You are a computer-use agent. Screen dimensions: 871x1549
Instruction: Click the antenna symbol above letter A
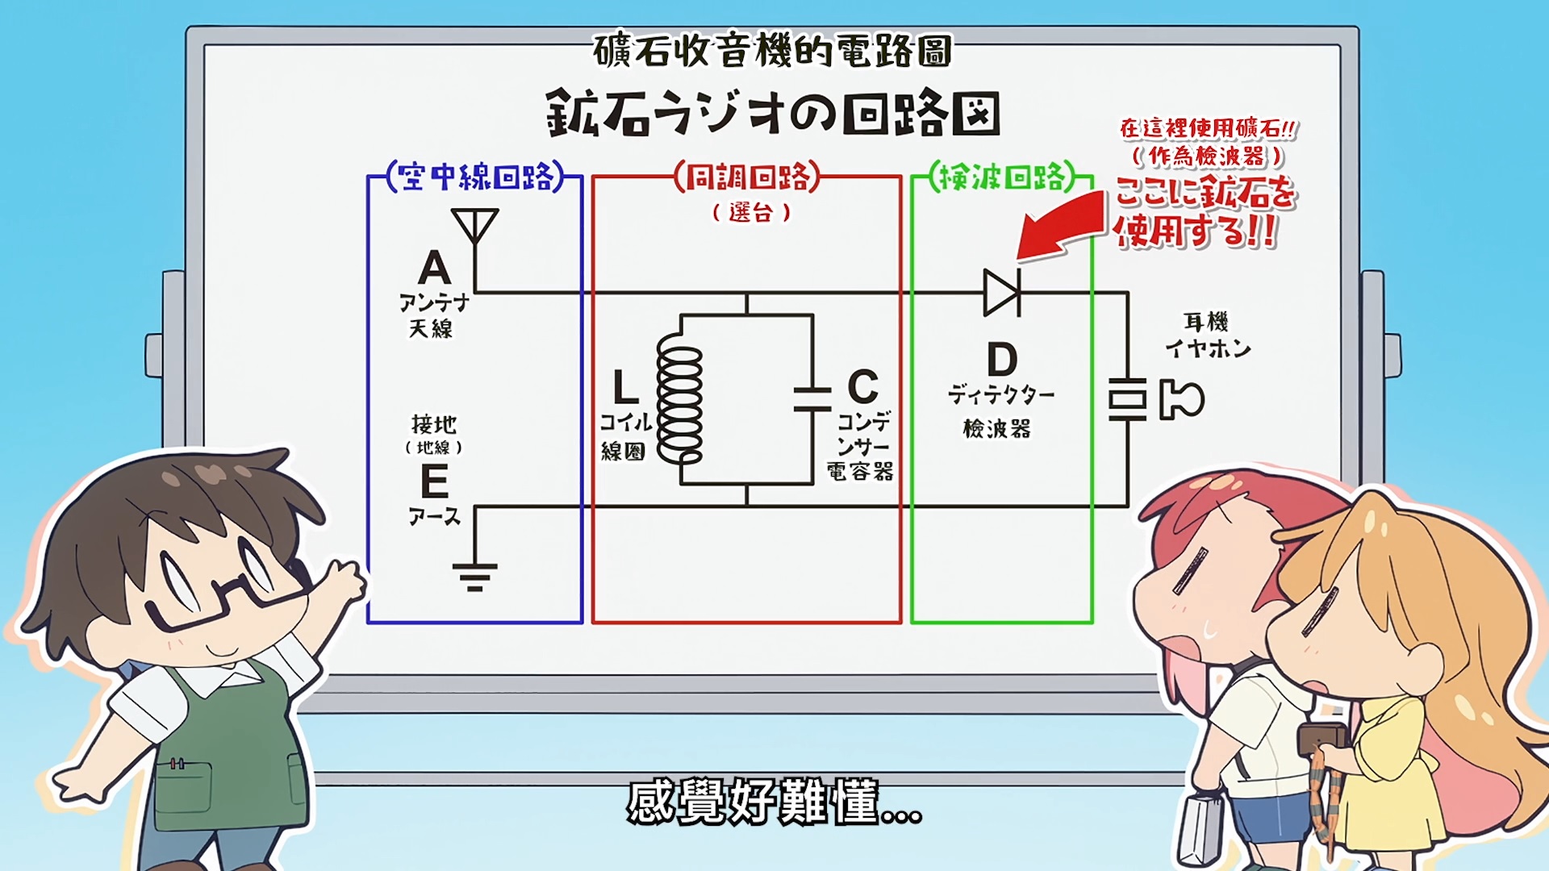(x=474, y=225)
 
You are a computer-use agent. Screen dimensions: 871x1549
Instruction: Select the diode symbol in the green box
(x=1002, y=292)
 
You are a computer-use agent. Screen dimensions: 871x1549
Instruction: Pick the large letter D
(x=1002, y=360)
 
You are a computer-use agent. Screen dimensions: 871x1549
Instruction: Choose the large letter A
(x=434, y=268)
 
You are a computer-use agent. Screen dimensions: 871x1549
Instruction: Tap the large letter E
(x=434, y=482)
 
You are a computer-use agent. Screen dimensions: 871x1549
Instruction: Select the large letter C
(x=862, y=387)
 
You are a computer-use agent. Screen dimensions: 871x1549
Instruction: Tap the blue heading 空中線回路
(x=475, y=177)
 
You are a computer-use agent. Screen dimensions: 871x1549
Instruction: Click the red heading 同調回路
(x=747, y=177)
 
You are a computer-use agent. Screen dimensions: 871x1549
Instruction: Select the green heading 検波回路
(x=1002, y=177)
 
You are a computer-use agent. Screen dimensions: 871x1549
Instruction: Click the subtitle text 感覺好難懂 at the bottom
(x=773, y=802)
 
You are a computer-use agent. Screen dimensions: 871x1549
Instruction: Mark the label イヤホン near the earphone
(x=1208, y=348)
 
